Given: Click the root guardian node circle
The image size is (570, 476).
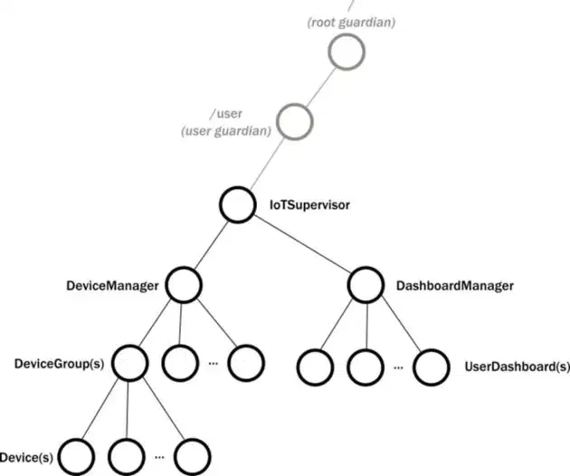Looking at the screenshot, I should point(347,52).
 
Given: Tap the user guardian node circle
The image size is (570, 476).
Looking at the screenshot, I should point(294,120).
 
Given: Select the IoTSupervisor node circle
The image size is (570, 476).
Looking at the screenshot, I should point(238,205).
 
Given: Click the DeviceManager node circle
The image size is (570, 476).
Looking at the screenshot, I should point(182,285).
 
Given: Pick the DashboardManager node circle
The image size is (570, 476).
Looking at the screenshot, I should point(365,285).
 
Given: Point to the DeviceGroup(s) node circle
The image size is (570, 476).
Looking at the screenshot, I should point(130,364).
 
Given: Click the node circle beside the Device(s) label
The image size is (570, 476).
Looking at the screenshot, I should point(77,453).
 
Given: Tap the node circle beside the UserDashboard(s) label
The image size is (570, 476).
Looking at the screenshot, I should point(432,367).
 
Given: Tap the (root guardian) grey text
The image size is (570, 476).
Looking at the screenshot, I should point(350,20).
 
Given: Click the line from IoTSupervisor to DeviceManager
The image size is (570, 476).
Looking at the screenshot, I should point(210,245).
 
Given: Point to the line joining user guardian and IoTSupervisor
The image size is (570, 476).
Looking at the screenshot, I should point(266,163).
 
